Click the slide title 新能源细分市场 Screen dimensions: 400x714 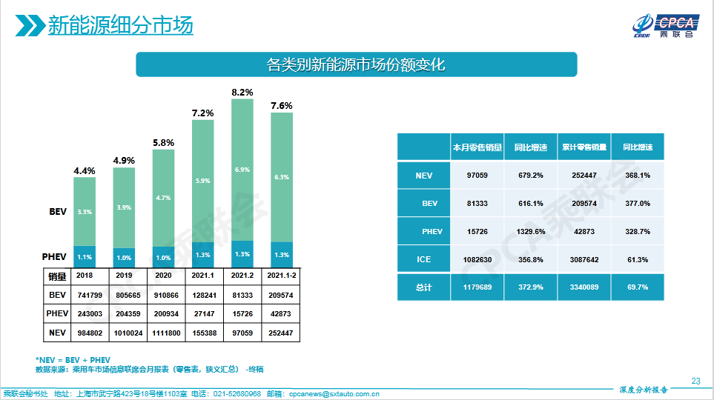coord(120,26)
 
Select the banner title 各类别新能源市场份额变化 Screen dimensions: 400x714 coord(356,64)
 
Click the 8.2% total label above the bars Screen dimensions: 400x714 coord(242,93)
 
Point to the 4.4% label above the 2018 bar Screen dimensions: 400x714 coord(84,171)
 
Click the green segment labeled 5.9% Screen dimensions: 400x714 coord(202,180)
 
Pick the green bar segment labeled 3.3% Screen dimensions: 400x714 coord(84,212)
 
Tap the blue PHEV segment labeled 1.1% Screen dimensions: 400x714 coord(84,257)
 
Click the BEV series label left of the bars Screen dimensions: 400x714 coord(59,212)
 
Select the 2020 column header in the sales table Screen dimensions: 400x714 coord(163,276)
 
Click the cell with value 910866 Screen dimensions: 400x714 coord(163,294)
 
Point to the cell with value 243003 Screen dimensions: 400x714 coord(84,313)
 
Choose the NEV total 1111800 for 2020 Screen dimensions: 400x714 coord(163,333)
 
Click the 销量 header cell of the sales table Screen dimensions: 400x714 coord(57,276)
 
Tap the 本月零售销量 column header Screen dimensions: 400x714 coord(477,147)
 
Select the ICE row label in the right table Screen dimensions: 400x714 coord(423,260)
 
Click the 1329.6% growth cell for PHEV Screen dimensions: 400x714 coord(530,232)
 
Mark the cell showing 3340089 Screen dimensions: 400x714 coord(584,287)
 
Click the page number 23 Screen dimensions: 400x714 coord(695,381)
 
